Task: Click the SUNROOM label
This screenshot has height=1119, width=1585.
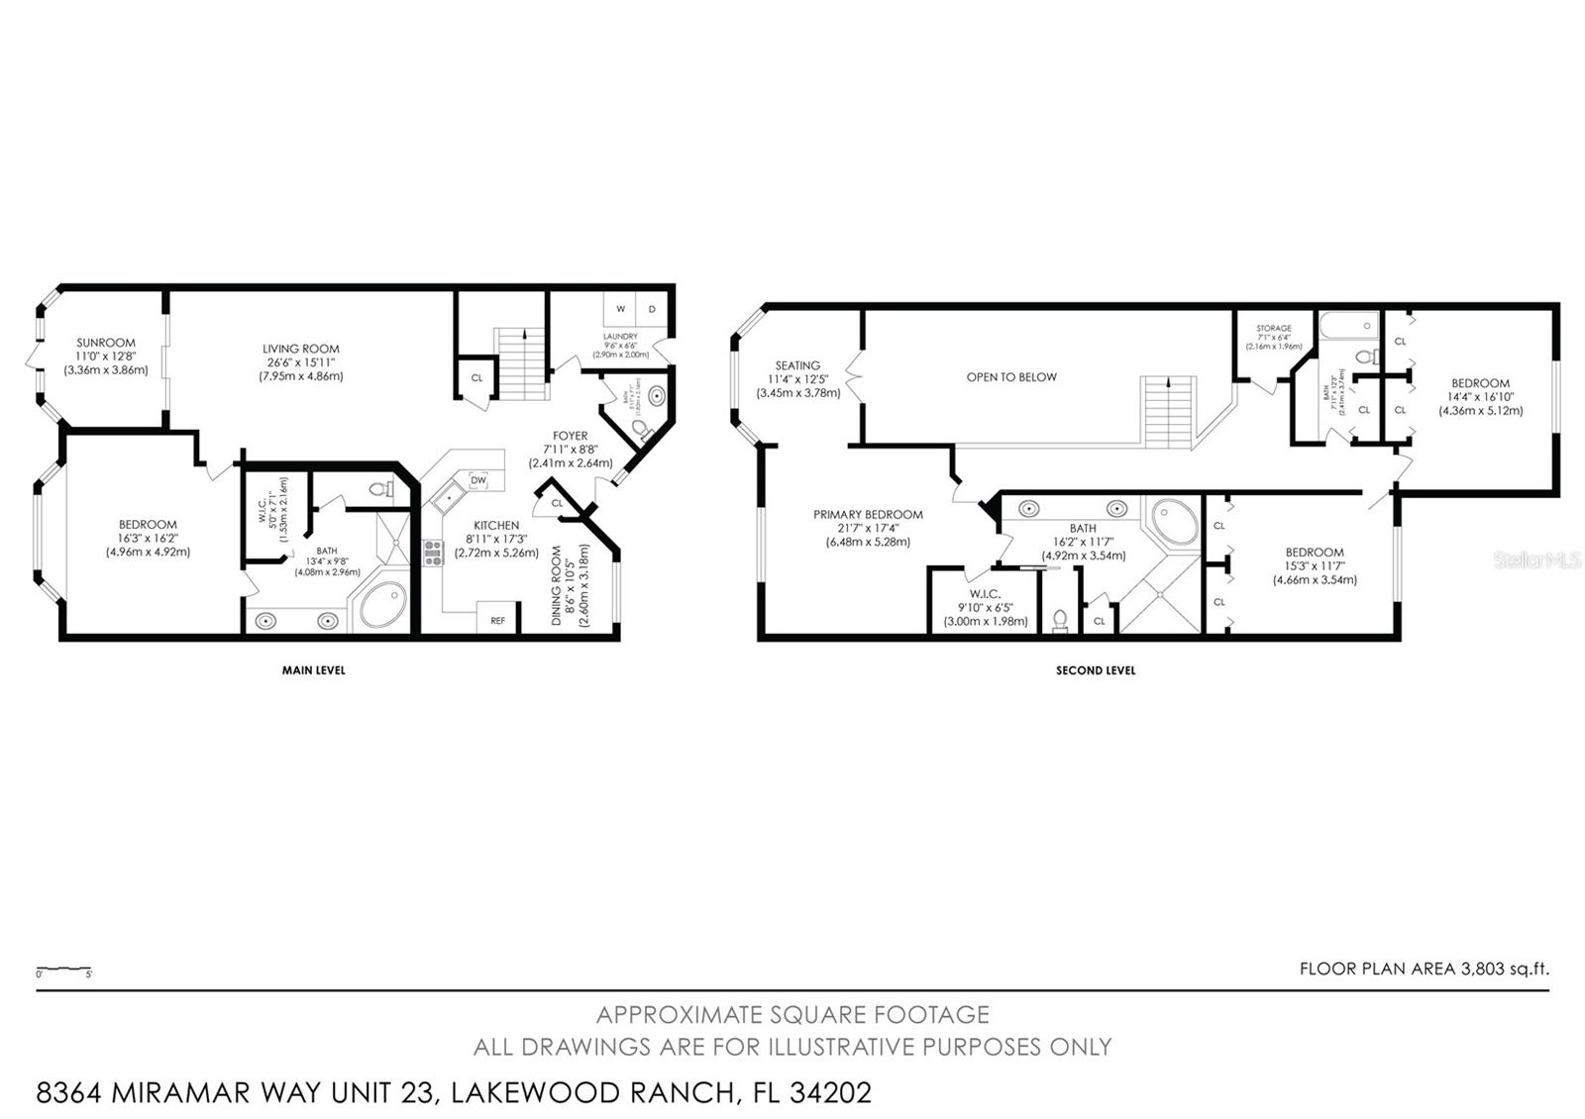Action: (x=106, y=343)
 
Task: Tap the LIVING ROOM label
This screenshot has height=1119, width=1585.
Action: (x=300, y=349)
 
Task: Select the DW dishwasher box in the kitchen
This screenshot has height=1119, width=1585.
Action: (x=478, y=480)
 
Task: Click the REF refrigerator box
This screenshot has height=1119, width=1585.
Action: (x=497, y=621)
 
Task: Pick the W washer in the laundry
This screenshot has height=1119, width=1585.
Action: (x=621, y=309)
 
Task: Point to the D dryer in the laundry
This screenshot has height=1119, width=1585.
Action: (x=652, y=309)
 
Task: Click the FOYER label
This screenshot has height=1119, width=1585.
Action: (x=570, y=436)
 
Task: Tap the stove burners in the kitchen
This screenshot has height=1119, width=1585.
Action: (x=433, y=553)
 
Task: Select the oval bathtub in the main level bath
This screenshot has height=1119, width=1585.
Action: (x=382, y=605)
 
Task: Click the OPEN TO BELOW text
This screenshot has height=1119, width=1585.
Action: (x=1011, y=377)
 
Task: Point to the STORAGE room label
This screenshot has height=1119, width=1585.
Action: (x=1273, y=328)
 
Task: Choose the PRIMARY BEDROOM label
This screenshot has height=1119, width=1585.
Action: (x=868, y=514)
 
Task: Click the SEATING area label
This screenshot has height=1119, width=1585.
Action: (x=797, y=365)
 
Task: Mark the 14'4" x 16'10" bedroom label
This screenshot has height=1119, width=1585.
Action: (x=1480, y=383)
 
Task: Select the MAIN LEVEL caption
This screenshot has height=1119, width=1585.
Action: (x=313, y=670)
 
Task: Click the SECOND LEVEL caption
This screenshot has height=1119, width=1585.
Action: (x=1096, y=670)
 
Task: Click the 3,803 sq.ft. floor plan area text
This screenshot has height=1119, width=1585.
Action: (x=1505, y=969)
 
